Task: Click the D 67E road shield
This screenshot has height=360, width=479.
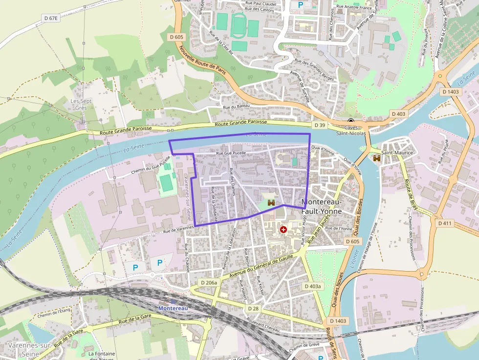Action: (50, 18)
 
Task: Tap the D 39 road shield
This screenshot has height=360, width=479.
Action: (320, 126)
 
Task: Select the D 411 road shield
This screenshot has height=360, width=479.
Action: (445, 223)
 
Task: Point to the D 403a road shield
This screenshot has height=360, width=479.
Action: (312, 286)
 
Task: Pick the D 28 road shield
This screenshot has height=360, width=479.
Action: (253, 309)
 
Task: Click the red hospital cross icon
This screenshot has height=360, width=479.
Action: (283, 229)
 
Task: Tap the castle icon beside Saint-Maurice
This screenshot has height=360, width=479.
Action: (377, 158)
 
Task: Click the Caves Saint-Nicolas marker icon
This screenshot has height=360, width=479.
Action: (351, 121)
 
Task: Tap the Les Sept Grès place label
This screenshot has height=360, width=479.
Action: (81, 104)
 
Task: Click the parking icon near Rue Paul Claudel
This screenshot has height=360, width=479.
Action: (301, 4)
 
